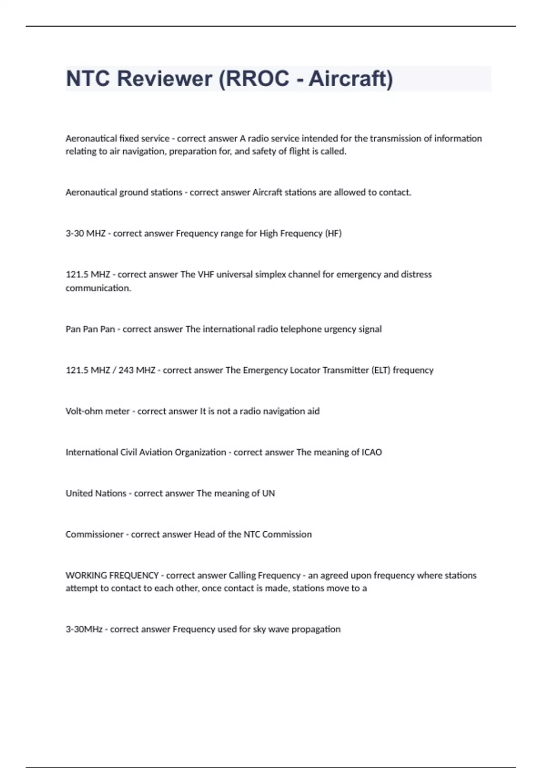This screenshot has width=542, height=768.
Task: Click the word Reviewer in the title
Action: pos(165,79)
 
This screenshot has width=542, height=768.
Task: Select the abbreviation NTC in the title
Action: pos(88,79)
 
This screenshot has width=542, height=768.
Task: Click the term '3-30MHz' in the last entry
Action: pos(84,629)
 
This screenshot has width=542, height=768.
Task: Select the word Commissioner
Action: pos(94,534)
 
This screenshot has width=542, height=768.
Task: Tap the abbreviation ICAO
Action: pos(372,452)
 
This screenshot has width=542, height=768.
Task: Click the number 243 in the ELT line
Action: pos(126,370)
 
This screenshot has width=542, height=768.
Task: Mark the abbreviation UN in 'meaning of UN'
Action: pos(268,493)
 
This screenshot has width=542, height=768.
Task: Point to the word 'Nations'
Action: pos(111,493)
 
